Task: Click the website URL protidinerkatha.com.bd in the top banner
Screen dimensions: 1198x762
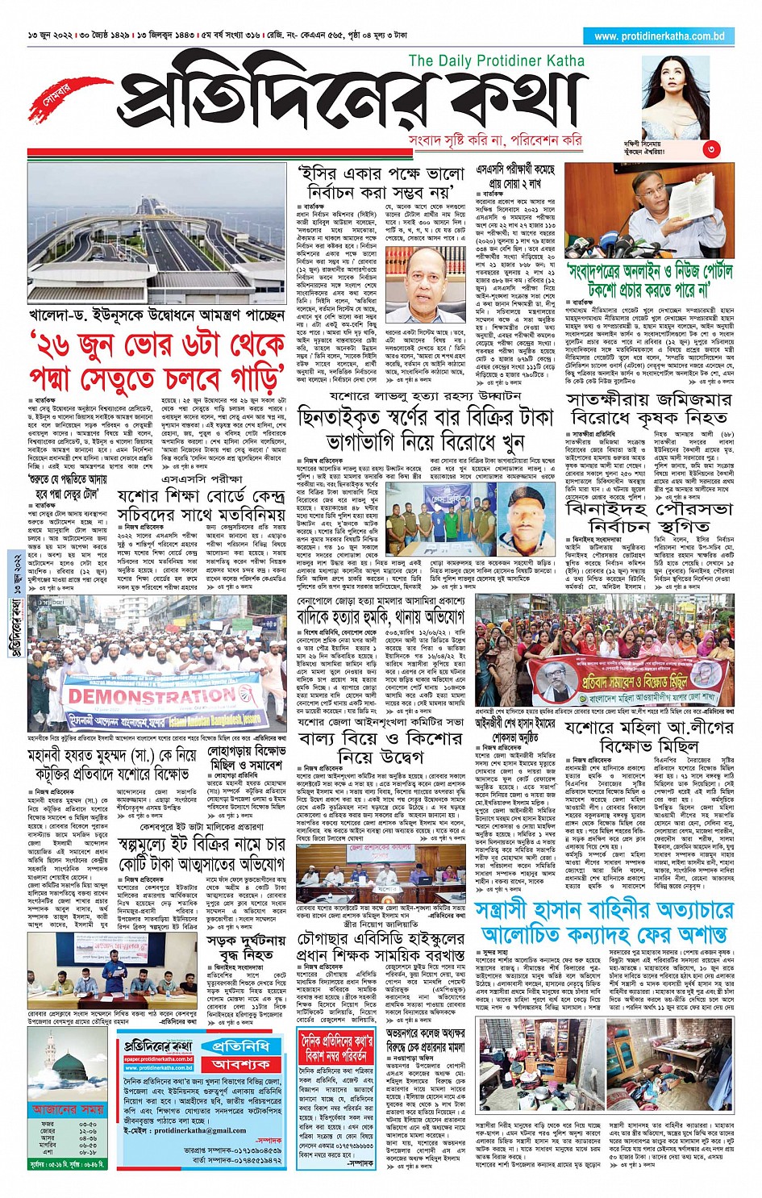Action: tap(659, 36)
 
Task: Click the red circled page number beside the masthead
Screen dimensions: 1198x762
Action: tap(710, 149)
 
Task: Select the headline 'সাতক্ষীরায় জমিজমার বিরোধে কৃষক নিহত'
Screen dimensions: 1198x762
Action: tap(648, 409)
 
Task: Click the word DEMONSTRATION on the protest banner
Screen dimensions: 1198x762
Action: tap(152, 695)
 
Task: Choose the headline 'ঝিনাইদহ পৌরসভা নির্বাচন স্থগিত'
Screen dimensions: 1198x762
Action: tap(649, 517)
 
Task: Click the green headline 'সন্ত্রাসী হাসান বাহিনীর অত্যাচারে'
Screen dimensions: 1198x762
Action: tap(604, 911)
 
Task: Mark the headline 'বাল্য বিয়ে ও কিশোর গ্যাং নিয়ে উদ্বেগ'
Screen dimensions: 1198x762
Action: tap(380, 747)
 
